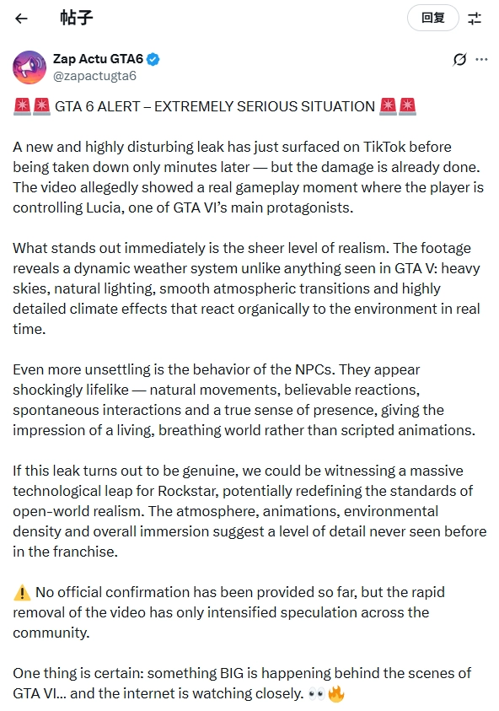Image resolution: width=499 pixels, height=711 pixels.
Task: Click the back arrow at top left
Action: pos(22,18)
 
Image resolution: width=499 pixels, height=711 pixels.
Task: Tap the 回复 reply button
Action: pos(432,18)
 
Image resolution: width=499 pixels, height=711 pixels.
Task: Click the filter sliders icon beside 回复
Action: pos(475,18)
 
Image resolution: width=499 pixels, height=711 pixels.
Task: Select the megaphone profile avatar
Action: pos(30,67)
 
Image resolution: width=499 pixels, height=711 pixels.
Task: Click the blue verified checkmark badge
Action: pos(154,59)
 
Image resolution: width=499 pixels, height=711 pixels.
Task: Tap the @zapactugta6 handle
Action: pos(95,76)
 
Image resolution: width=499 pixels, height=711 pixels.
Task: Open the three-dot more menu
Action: pos(481,59)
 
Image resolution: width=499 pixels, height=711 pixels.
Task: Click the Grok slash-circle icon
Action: pos(459,59)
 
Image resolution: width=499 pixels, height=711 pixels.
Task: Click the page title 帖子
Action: pos(77,18)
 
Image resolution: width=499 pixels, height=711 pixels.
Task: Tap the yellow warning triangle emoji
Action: pos(22,592)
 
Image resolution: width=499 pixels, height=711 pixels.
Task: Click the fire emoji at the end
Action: pos(336,693)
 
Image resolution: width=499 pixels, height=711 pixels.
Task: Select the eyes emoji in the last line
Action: pos(317,693)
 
